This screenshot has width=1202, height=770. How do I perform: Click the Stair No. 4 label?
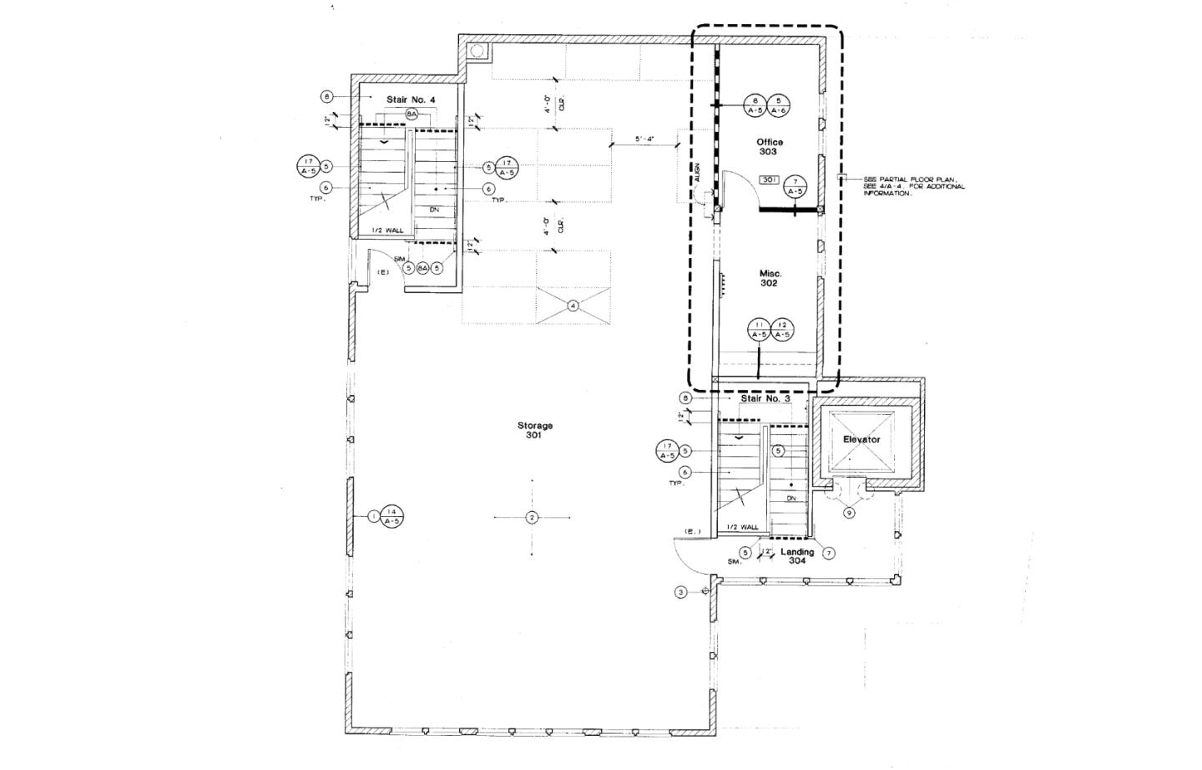tap(411, 99)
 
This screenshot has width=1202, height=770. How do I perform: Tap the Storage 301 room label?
tap(534, 430)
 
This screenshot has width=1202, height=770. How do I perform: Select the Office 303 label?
tap(769, 147)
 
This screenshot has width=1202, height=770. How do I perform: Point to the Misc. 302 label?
tap(769, 278)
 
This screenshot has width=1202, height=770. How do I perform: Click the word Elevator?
tap(861, 439)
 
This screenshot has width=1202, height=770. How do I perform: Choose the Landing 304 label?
tap(797, 555)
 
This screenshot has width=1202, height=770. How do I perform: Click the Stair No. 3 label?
tap(765, 398)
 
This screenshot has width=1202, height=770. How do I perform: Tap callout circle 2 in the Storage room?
tap(532, 518)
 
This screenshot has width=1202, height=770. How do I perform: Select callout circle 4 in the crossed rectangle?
tap(573, 306)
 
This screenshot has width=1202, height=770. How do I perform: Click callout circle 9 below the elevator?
tap(849, 513)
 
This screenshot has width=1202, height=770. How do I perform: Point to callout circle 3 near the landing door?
tap(681, 592)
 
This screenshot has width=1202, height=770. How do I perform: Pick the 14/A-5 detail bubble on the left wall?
tap(391, 517)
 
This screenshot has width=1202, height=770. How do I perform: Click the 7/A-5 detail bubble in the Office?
tap(795, 186)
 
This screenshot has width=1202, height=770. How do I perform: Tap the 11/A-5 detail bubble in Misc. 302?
tap(758, 330)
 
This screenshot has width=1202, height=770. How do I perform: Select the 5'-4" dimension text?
tap(645, 139)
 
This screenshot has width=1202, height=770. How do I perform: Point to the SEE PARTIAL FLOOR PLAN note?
tap(913, 186)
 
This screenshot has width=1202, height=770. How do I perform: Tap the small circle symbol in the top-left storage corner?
tap(477, 51)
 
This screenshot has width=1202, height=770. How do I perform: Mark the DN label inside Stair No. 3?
tap(790, 498)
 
